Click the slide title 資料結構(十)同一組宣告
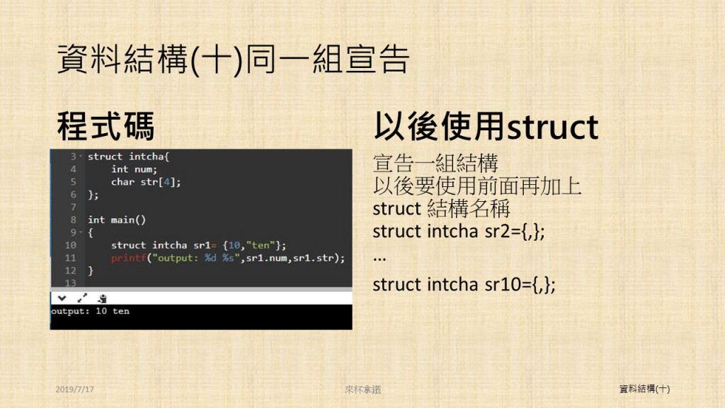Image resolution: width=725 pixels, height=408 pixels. coord(233,59)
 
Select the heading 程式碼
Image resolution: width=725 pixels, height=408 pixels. coord(105,126)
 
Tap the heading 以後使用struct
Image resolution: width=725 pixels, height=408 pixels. coord(486,126)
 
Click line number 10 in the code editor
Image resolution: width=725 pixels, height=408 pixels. coord(70,245)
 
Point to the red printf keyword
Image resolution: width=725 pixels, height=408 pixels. coord(129,258)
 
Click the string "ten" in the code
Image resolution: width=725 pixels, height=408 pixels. coord(261,245)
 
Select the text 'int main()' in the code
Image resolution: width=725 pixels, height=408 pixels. coord(117,220)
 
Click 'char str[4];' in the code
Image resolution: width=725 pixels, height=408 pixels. coord(146,182)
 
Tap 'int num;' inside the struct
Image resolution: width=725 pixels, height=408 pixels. coord(134,169)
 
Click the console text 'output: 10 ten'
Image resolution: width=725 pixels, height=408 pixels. coord(90,311)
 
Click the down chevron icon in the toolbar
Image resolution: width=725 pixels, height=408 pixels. coord(62,298)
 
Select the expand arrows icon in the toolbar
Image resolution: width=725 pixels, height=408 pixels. coord(82,298)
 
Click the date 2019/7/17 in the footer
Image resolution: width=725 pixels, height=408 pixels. coord(74,390)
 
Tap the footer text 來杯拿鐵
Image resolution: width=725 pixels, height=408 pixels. coord(363,390)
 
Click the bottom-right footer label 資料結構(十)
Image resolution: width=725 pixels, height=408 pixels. coord(644,389)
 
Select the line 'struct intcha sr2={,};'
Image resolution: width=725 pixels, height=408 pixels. coord(459,231)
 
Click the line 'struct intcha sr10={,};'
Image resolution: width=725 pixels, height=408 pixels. coord(464,284)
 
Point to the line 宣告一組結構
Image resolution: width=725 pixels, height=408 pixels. coord(435,164)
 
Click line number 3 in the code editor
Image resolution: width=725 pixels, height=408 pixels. coord(74,157)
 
